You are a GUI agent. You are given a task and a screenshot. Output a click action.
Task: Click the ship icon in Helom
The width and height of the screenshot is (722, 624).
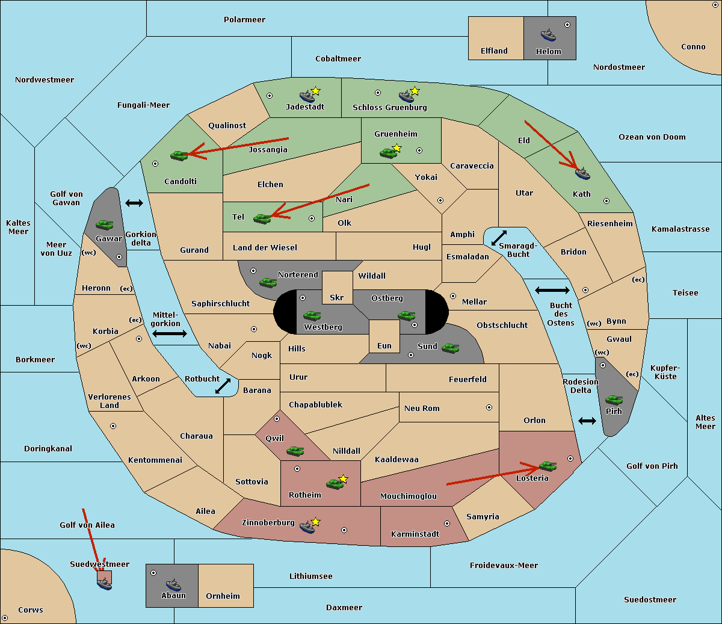click(548, 35)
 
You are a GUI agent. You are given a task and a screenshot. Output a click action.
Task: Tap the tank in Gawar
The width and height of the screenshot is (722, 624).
click(105, 224)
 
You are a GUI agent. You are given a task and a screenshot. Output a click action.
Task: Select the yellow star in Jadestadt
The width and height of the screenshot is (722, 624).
click(315, 91)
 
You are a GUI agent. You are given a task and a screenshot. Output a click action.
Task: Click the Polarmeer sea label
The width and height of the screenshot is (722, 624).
click(244, 20)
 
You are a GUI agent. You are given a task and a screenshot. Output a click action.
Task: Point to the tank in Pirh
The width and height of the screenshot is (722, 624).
click(614, 400)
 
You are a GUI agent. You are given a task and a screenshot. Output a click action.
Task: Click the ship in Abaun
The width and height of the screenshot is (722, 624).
click(173, 584)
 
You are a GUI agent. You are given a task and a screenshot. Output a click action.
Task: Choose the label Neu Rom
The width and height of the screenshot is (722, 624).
click(422, 408)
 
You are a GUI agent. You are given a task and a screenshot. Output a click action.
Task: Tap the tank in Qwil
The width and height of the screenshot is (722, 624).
click(295, 451)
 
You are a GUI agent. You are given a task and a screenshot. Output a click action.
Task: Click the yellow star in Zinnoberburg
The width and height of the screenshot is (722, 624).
click(315, 522)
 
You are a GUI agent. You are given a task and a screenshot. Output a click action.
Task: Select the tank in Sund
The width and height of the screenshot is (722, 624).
click(450, 348)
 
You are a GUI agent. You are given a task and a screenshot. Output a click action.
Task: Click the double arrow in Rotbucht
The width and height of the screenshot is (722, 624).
click(223, 386)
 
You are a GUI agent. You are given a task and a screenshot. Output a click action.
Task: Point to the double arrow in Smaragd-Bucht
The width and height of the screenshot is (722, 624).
click(499, 238)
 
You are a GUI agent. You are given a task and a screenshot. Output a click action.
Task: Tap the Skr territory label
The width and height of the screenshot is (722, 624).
click(337, 297)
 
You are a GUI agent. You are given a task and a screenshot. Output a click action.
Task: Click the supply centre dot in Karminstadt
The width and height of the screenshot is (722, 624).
click(447, 524)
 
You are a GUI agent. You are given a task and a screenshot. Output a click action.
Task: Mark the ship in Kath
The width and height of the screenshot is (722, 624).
click(582, 174)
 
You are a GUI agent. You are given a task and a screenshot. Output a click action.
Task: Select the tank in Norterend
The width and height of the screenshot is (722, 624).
click(268, 282)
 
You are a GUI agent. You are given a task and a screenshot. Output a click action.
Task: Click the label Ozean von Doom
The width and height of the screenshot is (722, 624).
click(652, 137)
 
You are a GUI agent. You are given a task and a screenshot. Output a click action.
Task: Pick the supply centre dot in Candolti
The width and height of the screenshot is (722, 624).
click(155, 164)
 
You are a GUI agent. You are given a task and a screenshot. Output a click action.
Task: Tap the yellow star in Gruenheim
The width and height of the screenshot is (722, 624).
click(396, 148)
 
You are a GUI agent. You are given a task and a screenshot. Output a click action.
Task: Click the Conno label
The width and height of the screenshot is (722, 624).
click(693, 47)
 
